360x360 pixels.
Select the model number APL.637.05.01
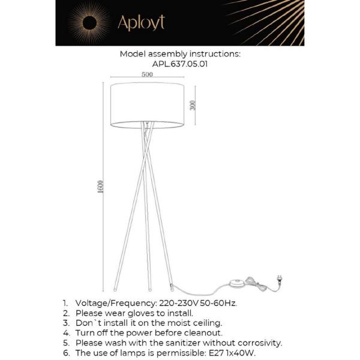180,64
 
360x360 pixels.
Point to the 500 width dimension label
147,75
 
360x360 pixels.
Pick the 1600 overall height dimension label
101,187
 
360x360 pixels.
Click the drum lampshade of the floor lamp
147,106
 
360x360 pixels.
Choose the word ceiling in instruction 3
208,323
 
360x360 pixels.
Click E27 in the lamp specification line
213,353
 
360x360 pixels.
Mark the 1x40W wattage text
242,353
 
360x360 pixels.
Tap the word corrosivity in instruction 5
259,343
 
